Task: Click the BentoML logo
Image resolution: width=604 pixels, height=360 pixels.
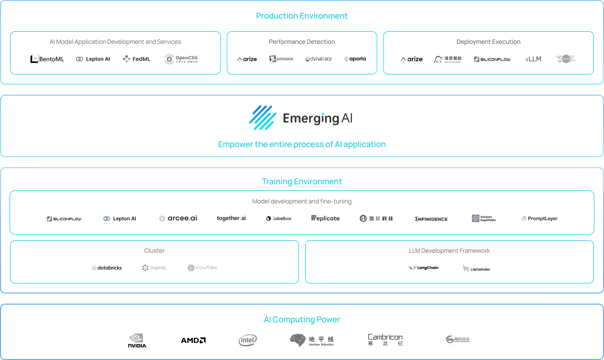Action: (47, 59)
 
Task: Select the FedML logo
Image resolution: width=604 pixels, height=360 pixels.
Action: (136, 59)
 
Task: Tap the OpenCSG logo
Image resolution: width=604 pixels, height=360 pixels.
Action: (181, 59)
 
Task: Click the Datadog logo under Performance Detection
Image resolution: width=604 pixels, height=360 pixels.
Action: (281, 59)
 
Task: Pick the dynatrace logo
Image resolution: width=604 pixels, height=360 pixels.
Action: (318, 59)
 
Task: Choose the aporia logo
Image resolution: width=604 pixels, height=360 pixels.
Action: (355, 59)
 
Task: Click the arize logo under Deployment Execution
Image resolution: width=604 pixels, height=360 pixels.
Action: (411, 59)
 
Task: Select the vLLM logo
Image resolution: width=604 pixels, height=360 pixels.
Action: (533, 59)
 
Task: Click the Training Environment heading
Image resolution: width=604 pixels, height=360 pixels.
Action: (301, 181)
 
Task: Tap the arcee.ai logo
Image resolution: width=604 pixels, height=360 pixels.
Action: (178, 219)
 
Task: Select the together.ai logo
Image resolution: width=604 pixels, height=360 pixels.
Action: (231, 218)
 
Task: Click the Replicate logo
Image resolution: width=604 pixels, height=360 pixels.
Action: (325, 219)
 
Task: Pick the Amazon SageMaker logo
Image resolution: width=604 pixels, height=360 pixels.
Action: (484, 219)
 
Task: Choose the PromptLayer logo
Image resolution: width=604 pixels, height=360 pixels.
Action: (539, 219)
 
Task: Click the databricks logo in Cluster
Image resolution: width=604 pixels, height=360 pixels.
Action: (107, 268)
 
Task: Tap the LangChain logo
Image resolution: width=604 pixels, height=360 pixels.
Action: (423, 268)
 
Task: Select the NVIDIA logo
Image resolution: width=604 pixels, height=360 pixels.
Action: (137, 341)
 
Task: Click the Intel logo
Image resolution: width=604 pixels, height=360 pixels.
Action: (247, 340)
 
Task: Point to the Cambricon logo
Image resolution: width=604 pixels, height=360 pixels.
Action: (385, 340)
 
